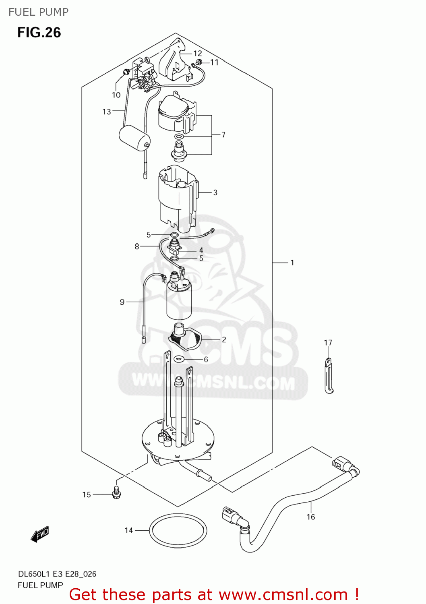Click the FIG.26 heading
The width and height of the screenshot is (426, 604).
39,33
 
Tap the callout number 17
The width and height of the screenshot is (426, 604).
328,343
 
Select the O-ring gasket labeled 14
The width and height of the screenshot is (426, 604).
178,530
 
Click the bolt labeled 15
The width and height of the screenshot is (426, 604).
116,492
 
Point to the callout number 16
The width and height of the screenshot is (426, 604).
310,517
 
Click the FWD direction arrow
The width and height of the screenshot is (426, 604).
40,534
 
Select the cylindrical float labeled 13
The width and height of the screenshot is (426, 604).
134,138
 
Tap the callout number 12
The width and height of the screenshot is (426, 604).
197,53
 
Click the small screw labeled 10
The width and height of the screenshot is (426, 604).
126,72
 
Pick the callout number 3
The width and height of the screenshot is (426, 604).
215,192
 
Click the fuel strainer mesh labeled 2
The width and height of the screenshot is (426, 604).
186,337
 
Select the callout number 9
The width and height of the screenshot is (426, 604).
122,302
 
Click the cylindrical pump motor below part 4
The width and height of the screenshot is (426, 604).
179,298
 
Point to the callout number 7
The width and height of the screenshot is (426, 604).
223,135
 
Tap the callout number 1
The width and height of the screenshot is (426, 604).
292,263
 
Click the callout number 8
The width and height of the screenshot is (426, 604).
137,246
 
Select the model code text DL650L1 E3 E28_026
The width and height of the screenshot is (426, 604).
57,574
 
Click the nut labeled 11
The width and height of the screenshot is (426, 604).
198,62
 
